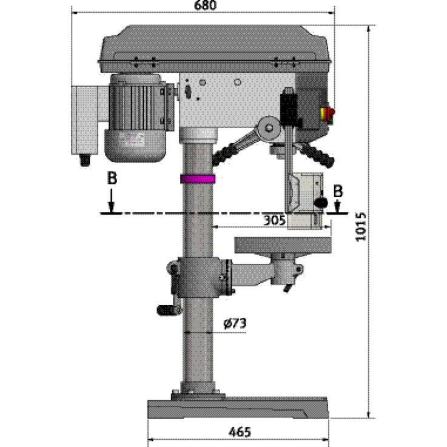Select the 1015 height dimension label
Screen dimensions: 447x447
click(x=361, y=226)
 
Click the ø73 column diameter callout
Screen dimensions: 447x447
click(x=234, y=324)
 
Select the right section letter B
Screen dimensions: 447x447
click(x=338, y=190)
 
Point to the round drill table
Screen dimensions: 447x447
click(x=284, y=245)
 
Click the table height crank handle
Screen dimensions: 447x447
click(x=169, y=310)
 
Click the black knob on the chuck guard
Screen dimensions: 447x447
click(x=321, y=201)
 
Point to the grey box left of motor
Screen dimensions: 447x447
click(x=86, y=119)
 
